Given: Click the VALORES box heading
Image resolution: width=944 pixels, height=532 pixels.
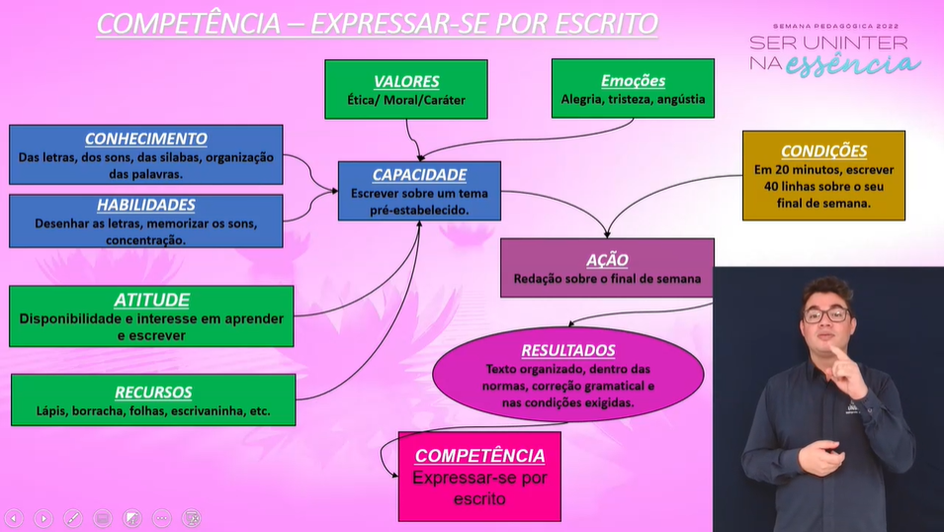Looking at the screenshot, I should pos(406,81).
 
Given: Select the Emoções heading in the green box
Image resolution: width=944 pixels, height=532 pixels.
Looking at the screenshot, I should pos(633,80).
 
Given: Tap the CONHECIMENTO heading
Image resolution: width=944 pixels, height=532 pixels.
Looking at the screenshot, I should pos(146,138).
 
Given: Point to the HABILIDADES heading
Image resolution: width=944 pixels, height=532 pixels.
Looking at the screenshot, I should pos(146,205).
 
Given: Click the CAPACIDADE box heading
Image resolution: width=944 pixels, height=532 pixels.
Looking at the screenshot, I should pos(419,174).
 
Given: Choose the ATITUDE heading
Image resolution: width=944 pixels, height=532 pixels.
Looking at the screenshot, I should pos(151,300).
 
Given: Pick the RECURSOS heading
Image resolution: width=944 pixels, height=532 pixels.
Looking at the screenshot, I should pos(153,392).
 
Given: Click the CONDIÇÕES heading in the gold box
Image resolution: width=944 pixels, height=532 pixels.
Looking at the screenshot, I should pos(823,151).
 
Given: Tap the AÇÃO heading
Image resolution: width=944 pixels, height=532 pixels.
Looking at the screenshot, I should pos(607,259).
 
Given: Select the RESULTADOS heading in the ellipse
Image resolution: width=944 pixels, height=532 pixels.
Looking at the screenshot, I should pos(568,350).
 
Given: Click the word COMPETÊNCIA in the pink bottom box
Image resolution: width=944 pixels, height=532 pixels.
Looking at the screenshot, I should pos(479,455).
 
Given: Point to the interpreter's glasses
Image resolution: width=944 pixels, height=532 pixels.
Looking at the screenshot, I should pos(825,315).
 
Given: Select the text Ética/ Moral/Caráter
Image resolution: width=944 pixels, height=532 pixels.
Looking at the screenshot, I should pos(406,100).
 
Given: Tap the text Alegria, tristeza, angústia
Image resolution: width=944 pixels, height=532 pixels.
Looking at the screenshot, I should pos(633,99).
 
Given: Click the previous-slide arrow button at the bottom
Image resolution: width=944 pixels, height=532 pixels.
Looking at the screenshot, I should pos(14,517).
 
